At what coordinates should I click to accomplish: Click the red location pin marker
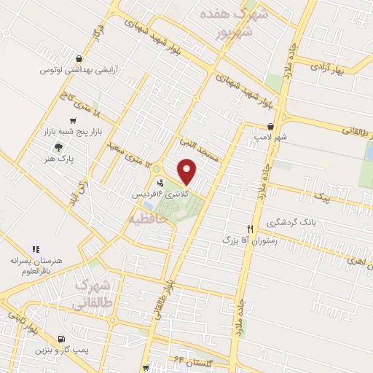click(187, 171)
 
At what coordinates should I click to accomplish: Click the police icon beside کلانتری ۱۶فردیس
click(160, 182)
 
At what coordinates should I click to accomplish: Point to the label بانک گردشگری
click(291, 222)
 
